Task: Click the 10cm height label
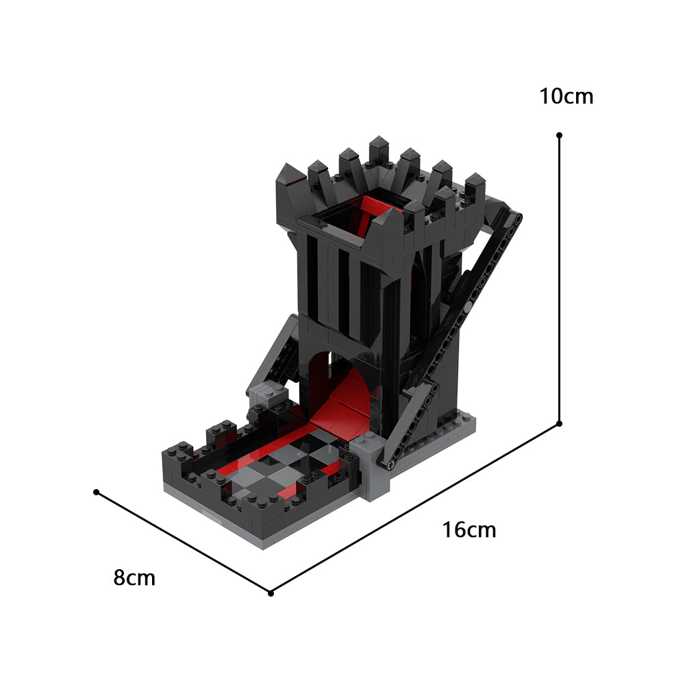(x=566, y=97)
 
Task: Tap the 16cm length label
(x=469, y=530)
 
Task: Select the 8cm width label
(x=134, y=578)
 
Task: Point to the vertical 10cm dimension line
(x=560, y=274)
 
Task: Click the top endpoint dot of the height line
(x=560, y=136)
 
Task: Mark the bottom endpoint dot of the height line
(x=560, y=423)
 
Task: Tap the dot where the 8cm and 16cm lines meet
(x=271, y=593)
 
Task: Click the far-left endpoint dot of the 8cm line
(x=97, y=492)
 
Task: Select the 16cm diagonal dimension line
(x=418, y=507)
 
